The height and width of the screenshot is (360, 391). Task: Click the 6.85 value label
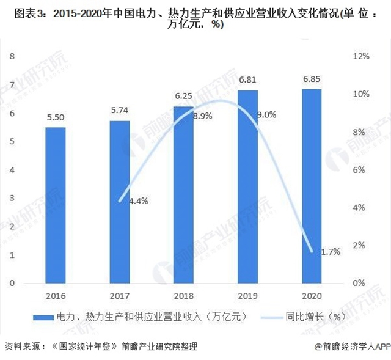(311, 80)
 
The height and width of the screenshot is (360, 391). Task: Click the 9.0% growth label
(265, 114)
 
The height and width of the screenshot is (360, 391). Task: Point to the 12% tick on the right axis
(361, 56)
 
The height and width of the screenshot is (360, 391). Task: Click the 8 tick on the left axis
(12, 56)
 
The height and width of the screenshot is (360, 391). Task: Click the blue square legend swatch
(45, 317)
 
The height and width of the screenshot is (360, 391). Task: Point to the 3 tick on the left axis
(12, 199)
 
